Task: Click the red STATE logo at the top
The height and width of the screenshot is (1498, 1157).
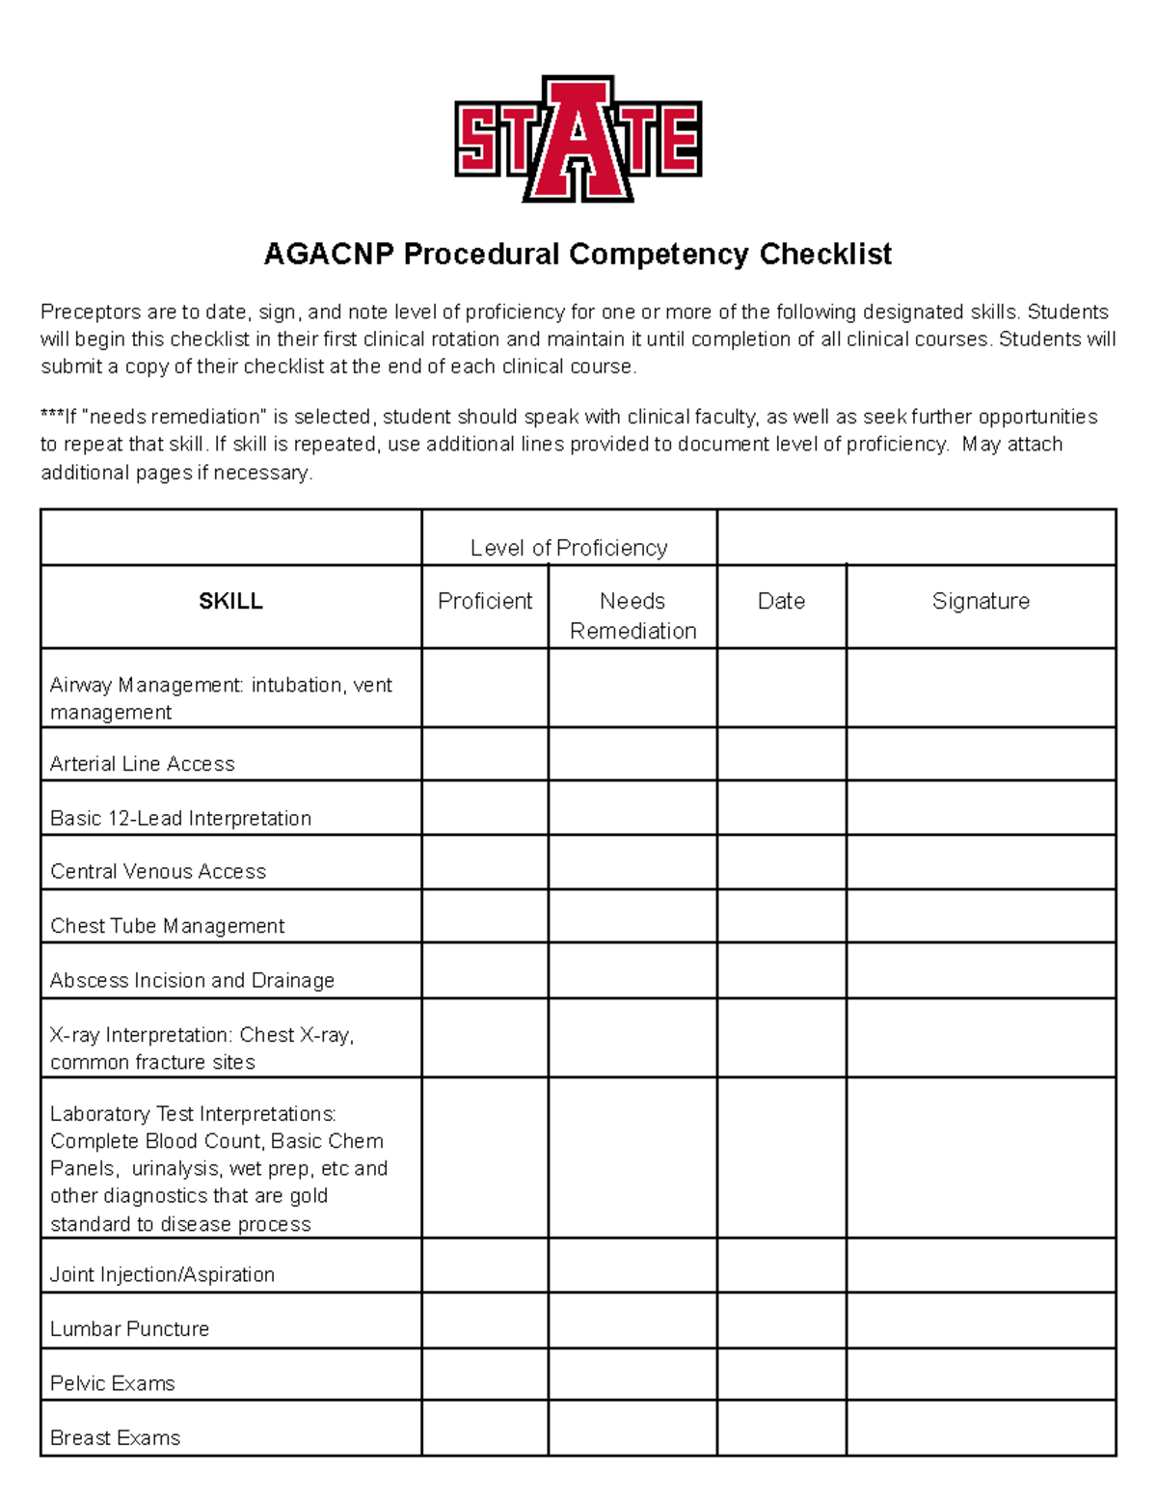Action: pos(578,139)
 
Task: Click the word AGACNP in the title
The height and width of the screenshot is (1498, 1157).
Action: pos(329,254)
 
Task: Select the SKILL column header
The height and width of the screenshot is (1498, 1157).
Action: pos(230,601)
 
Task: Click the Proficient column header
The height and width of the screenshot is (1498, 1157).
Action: pos(485,601)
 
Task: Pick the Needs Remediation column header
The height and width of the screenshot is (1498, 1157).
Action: pos(632,615)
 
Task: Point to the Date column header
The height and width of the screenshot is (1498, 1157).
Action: pos(781,601)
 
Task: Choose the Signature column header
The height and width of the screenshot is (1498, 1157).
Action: pos(981,601)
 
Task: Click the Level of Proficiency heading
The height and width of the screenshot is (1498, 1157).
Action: pos(569,548)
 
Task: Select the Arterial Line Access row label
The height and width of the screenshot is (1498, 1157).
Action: pos(143,764)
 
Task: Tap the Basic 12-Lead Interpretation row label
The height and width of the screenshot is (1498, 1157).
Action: pos(180,818)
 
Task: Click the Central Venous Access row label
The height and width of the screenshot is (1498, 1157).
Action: pos(158,871)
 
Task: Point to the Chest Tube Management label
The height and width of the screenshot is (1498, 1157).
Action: pos(167,926)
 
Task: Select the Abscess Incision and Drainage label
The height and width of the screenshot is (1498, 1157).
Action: pos(192,980)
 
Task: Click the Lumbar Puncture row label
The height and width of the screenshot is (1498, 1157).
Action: pos(129,1328)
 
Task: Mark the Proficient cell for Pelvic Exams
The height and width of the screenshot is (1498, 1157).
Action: pos(485,1375)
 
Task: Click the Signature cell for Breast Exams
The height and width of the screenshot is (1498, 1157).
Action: pos(981,1429)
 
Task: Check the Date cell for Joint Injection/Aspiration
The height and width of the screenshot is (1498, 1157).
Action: pos(781,1266)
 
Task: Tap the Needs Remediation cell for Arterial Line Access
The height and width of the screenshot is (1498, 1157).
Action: pos(632,754)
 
